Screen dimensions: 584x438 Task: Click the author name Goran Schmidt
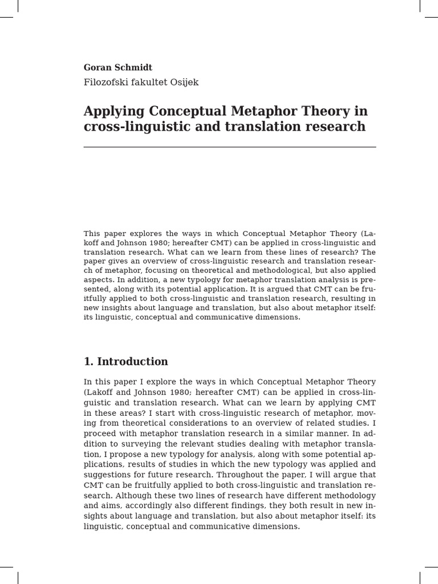click(x=118, y=67)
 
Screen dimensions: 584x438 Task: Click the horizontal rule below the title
click(x=230, y=147)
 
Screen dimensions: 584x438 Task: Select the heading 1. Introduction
click(x=125, y=362)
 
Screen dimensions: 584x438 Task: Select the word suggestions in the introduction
click(x=112, y=474)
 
